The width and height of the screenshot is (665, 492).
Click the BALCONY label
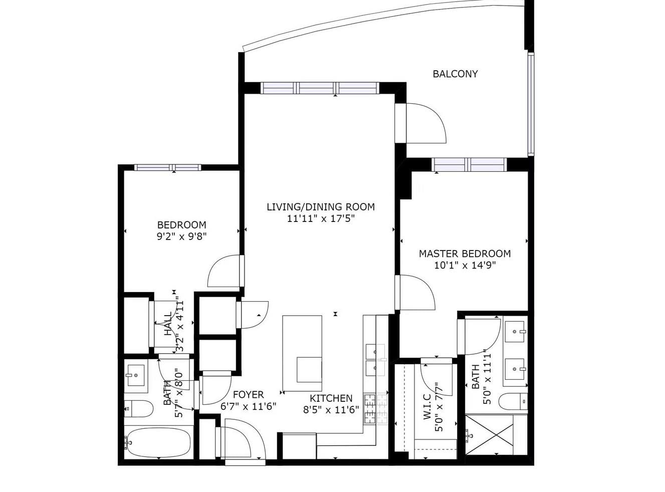[455, 74]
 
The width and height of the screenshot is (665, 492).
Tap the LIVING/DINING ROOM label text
[320, 207]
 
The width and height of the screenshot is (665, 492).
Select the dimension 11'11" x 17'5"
[320, 218]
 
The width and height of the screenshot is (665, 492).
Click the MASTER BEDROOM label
[465, 254]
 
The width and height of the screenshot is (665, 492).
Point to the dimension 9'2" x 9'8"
[181, 236]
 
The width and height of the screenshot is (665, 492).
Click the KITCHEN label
[331, 398]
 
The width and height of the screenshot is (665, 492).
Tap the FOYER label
[248, 395]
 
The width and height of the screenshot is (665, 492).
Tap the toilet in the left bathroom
[138, 409]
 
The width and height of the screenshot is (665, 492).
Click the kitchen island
[302, 353]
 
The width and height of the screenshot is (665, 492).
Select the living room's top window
[319, 88]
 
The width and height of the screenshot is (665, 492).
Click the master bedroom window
[469, 164]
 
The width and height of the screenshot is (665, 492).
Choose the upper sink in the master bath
[515, 331]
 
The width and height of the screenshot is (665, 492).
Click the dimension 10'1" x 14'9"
[465, 266]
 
